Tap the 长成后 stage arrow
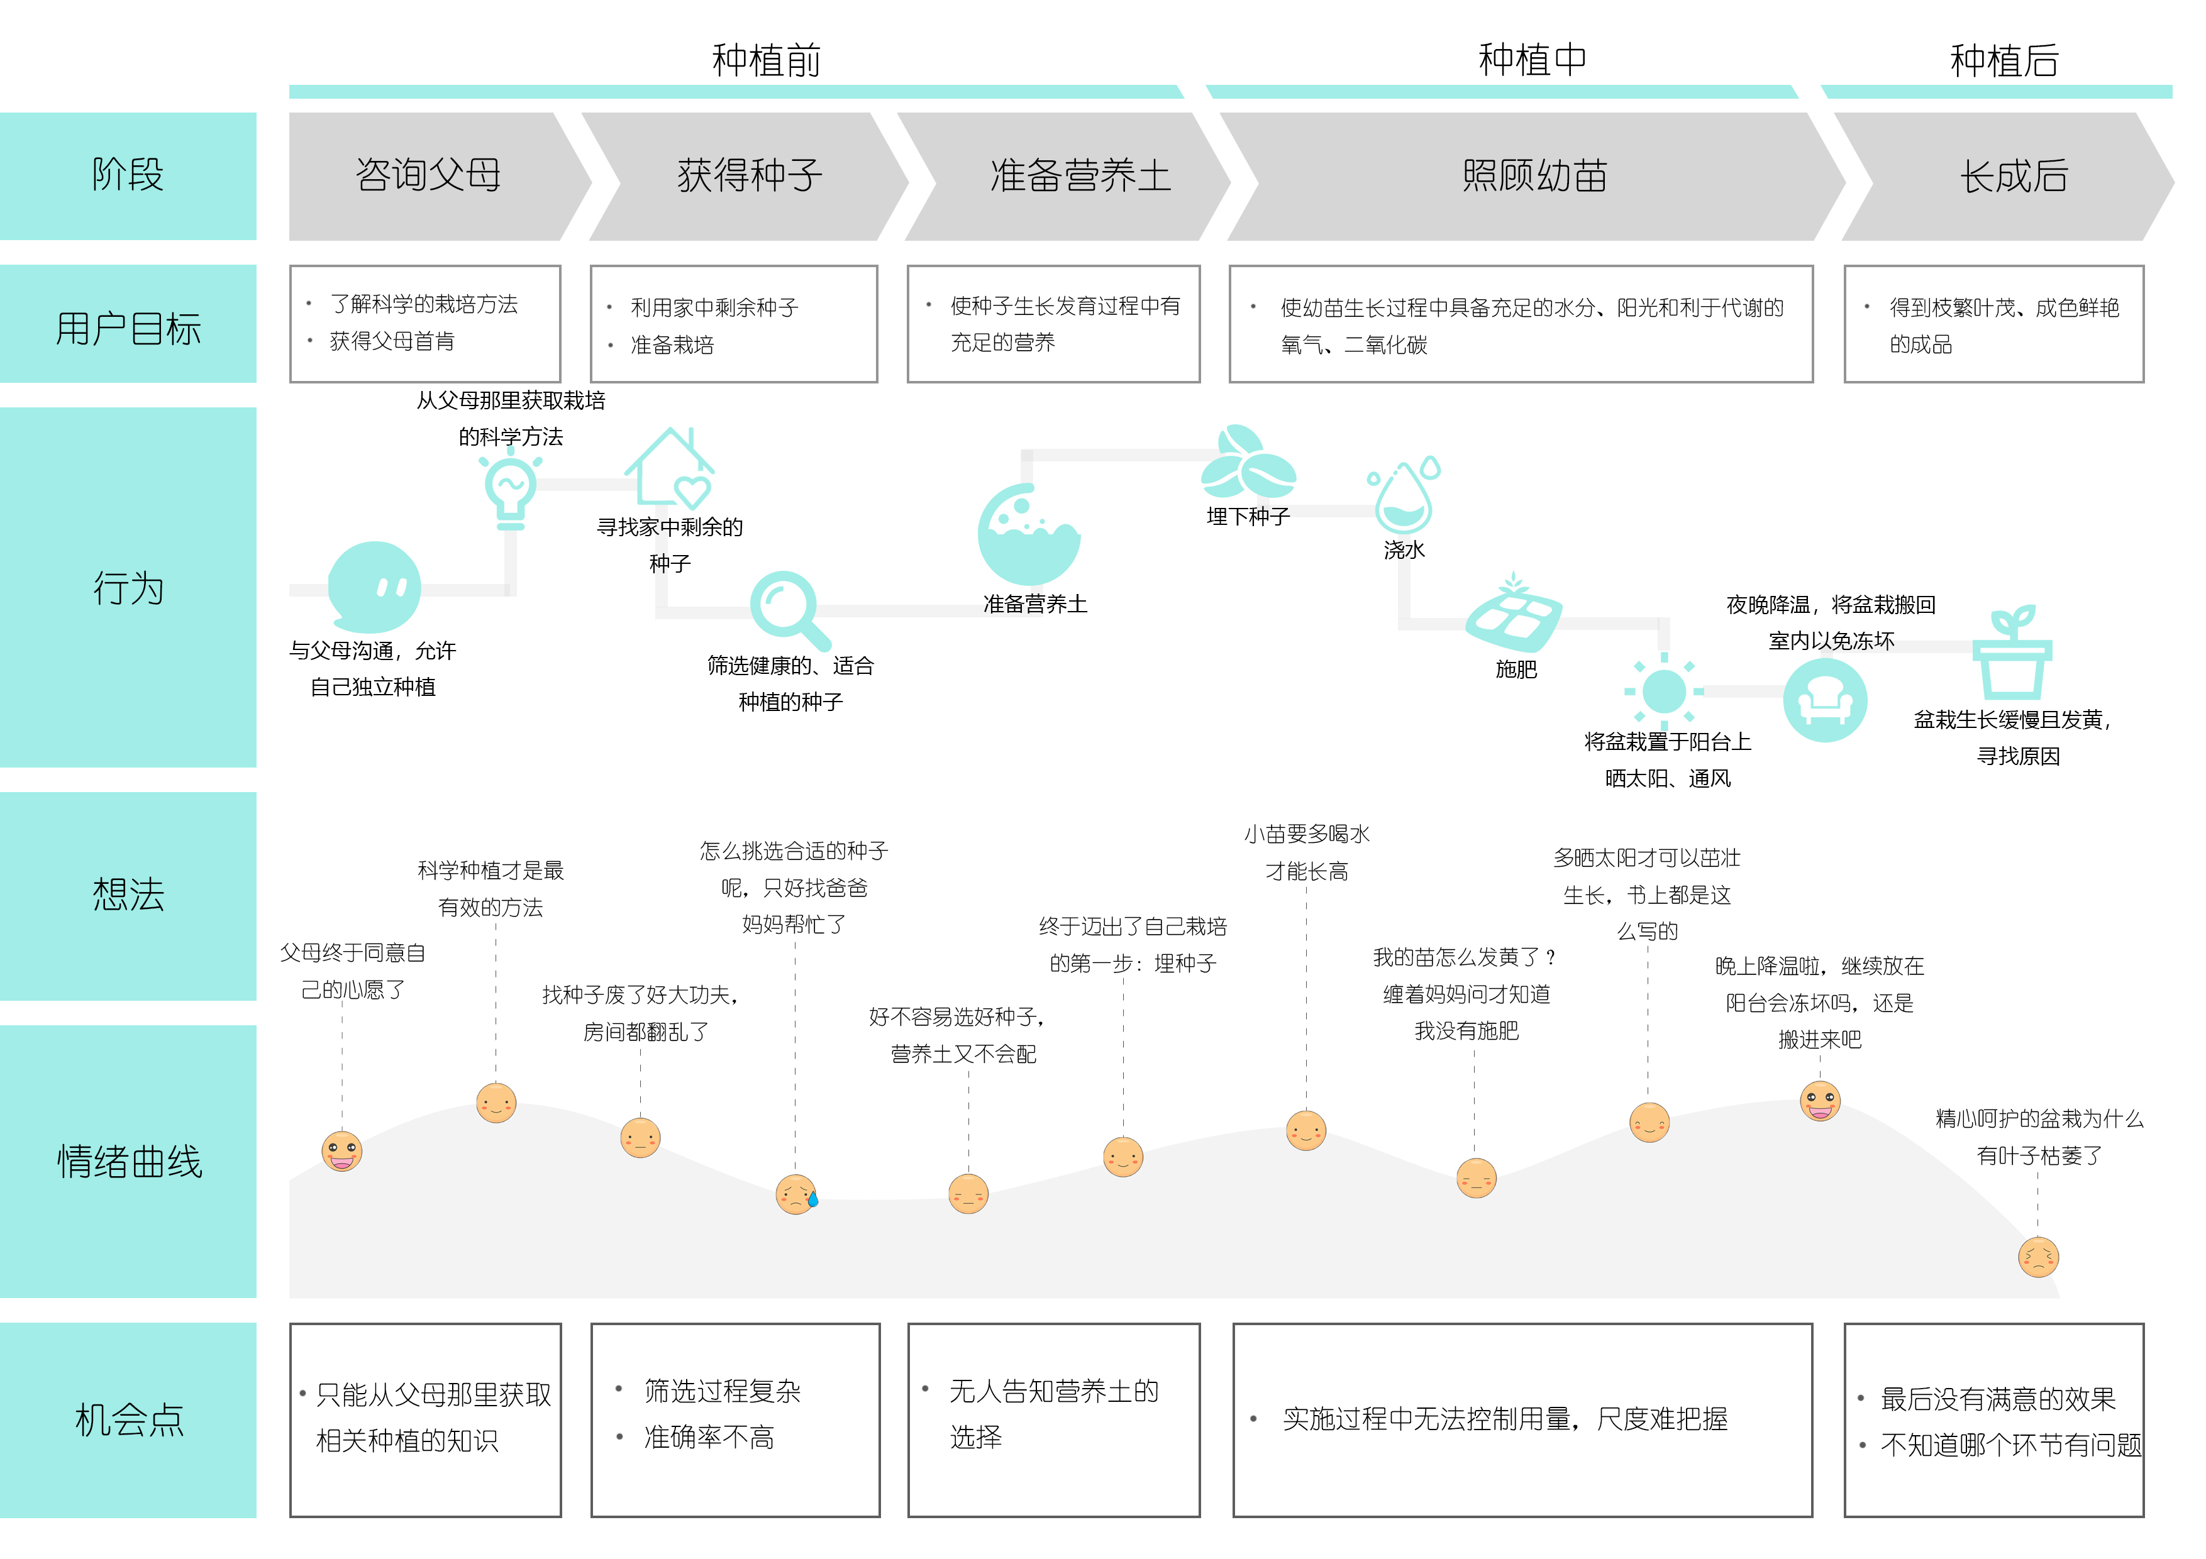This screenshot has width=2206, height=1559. [2013, 176]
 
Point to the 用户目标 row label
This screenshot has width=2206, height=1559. [128, 328]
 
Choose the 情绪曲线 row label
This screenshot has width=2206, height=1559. [128, 1161]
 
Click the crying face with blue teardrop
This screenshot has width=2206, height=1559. [797, 1194]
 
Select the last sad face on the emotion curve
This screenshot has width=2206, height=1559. [2038, 1257]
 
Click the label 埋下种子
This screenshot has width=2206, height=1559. [1248, 517]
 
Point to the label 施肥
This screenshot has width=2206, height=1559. [1516, 669]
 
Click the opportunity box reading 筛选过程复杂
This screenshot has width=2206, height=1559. [735, 1419]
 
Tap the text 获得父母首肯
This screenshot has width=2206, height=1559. [392, 341]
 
